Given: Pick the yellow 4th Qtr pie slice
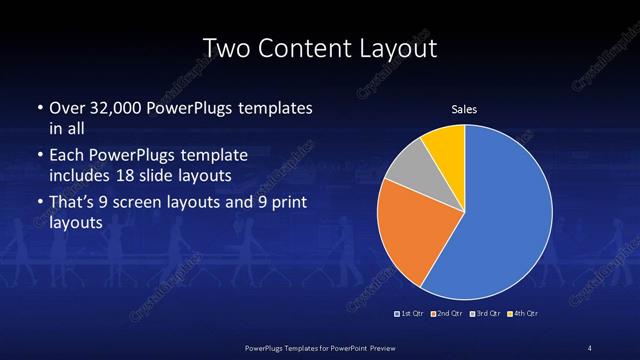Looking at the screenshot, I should point(446,145).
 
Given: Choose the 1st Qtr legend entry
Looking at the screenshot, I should point(411,315).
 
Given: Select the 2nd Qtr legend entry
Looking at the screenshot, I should point(447,315).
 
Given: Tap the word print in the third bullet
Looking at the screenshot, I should point(284,205).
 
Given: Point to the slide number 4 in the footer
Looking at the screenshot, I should point(590,347).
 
